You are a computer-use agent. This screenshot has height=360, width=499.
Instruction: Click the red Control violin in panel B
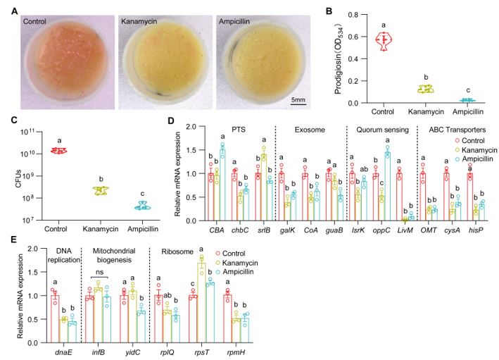click(383, 40)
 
